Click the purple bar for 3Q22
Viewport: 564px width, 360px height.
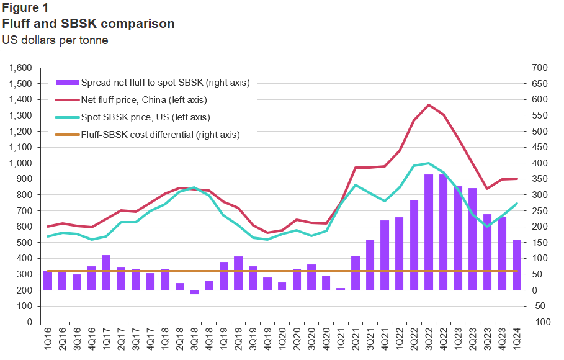[429, 232]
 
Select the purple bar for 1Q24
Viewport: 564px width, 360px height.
[517, 265]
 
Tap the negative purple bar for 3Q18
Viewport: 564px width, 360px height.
[194, 292]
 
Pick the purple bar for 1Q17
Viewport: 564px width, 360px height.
[106, 272]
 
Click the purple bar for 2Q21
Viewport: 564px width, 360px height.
[356, 273]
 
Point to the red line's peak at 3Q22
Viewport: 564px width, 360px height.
[429, 105]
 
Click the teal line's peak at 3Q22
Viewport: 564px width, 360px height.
[429, 163]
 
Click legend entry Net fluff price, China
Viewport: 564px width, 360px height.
[143, 99]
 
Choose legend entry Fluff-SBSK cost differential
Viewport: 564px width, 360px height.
[160, 134]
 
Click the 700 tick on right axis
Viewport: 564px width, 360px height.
[538, 68]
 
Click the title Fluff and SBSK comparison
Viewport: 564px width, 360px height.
[89, 24]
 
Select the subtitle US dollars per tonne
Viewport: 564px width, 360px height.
[56, 40]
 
